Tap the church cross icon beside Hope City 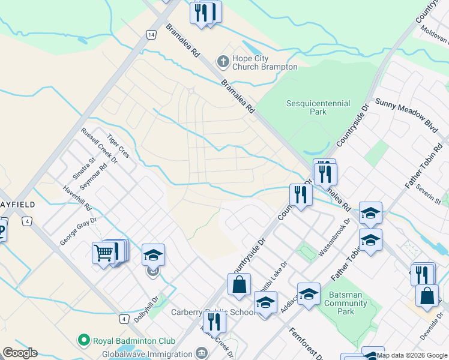[x=223, y=61]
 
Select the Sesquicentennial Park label [x=318, y=107]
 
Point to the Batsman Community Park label [x=345, y=303]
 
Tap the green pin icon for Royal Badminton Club [x=83, y=341]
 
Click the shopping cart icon [x=103, y=253]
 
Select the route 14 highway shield [x=150, y=35]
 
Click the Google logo [x=20, y=353]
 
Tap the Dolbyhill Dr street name [x=146, y=308]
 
